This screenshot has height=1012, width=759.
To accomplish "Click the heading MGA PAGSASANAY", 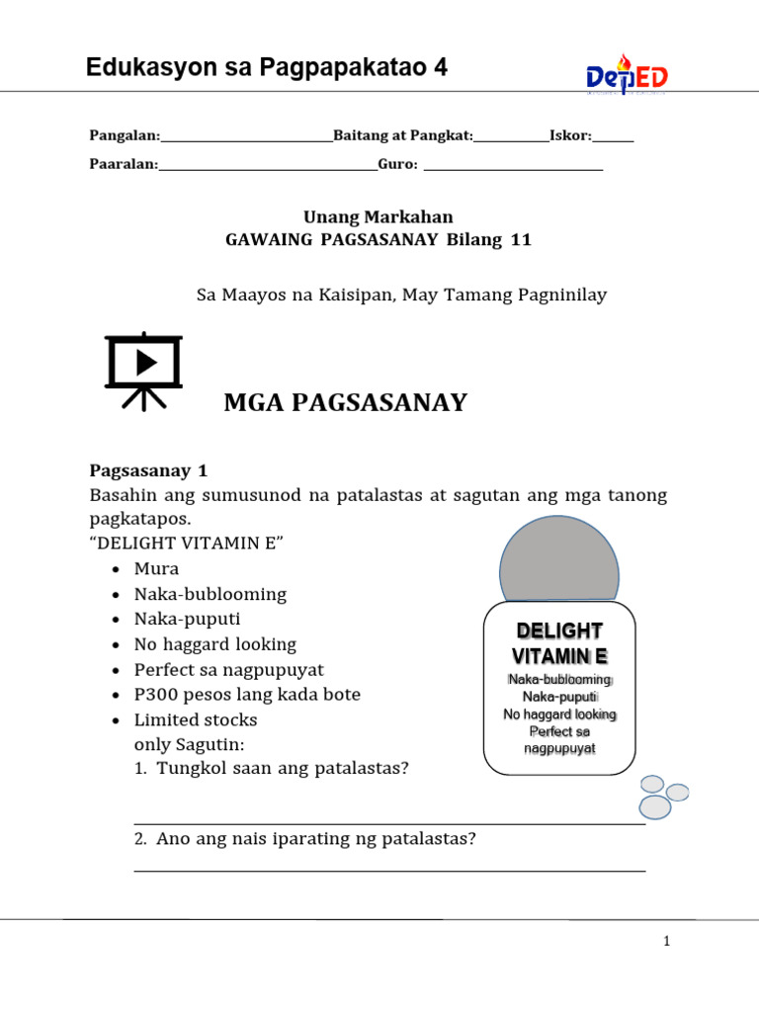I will [345, 402].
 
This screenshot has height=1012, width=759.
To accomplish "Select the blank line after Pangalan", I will [246, 139].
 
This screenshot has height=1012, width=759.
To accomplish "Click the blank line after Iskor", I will [613, 139].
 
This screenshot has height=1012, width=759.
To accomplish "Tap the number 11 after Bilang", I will [520, 240].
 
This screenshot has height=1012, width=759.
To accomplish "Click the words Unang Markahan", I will [378, 216].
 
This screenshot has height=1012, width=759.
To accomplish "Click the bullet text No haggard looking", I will [215, 644].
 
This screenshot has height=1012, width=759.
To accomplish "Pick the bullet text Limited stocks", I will [196, 719].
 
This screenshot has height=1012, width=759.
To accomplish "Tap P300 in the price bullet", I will [157, 695].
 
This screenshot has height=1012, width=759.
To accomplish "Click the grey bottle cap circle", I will [558, 571].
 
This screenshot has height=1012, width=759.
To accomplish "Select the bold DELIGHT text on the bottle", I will [559, 632].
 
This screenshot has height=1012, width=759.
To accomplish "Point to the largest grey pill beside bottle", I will [654, 806].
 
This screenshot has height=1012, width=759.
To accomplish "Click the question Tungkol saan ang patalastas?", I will [282, 768].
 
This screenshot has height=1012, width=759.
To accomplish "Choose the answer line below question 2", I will [389, 870].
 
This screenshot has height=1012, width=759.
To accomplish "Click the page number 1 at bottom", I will [667, 942].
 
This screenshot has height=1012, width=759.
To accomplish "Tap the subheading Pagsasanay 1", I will [148, 470].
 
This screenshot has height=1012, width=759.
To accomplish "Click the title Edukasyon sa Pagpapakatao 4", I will [267, 68].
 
